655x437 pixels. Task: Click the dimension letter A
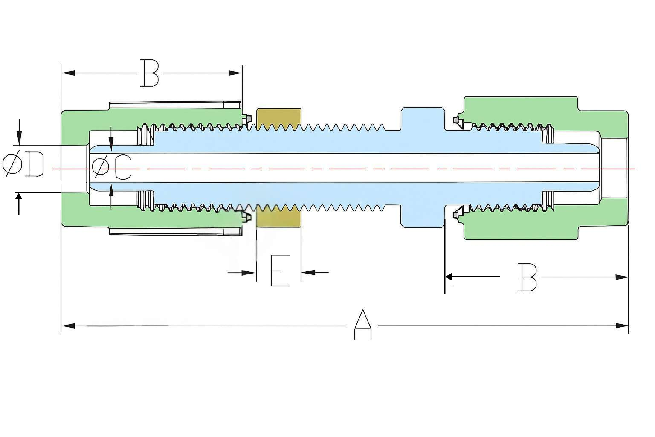click(x=362, y=325)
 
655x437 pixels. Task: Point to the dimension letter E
click(x=280, y=271)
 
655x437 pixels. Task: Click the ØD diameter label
click(x=23, y=166)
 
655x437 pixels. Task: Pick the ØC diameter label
click(x=112, y=167)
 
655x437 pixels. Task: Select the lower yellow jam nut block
click(x=278, y=218)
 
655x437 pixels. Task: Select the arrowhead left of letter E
click(x=249, y=272)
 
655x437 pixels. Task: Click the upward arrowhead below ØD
click(x=19, y=198)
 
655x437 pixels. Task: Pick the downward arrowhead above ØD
click(x=19, y=140)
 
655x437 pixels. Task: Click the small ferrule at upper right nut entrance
click(x=458, y=121)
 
